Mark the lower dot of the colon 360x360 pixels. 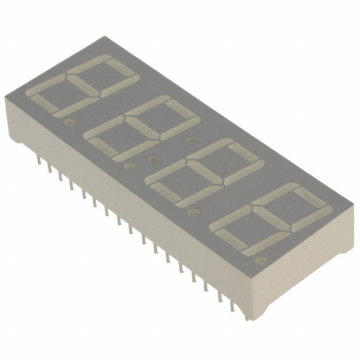[x=151, y=159]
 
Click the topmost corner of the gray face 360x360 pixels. [x=107, y=37]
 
